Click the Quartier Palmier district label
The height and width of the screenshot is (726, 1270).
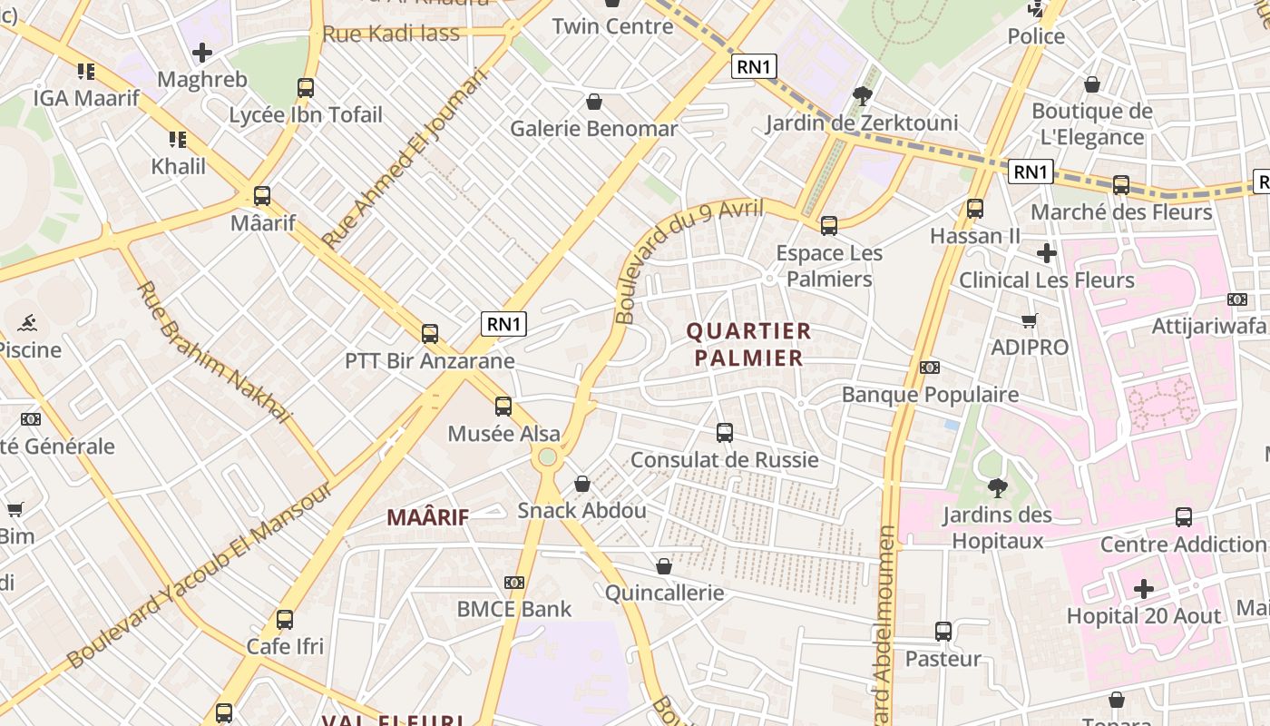[749, 344]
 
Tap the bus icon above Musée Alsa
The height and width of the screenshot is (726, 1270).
[503, 407]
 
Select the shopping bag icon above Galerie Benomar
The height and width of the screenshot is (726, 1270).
[594, 101]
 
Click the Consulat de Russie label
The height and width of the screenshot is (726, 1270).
[724, 460]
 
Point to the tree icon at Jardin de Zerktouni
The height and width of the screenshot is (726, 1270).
[862, 95]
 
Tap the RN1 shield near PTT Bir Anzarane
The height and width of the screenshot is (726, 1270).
[503, 324]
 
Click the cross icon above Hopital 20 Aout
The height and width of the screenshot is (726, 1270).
[1143, 589]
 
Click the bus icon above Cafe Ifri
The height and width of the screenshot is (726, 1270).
[285, 620]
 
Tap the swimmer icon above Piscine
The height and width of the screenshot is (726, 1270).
[27, 323]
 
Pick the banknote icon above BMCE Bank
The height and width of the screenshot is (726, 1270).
[514, 582]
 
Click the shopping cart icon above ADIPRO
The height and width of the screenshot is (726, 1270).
[1029, 320]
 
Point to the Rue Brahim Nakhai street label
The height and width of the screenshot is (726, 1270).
[214, 353]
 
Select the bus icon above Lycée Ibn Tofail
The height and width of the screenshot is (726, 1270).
[306, 88]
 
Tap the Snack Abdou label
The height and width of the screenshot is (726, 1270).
[581, 510]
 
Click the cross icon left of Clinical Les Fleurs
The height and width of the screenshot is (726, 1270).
[1046, 253]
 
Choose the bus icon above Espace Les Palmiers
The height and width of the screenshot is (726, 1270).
[829, 226]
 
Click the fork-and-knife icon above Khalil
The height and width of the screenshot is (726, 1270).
[178, 140]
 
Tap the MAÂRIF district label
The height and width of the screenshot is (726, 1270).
[428, 518]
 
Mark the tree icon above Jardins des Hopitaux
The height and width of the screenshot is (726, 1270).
[997, 488]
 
